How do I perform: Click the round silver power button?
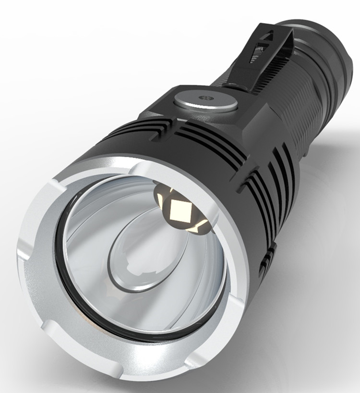(205, 101)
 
